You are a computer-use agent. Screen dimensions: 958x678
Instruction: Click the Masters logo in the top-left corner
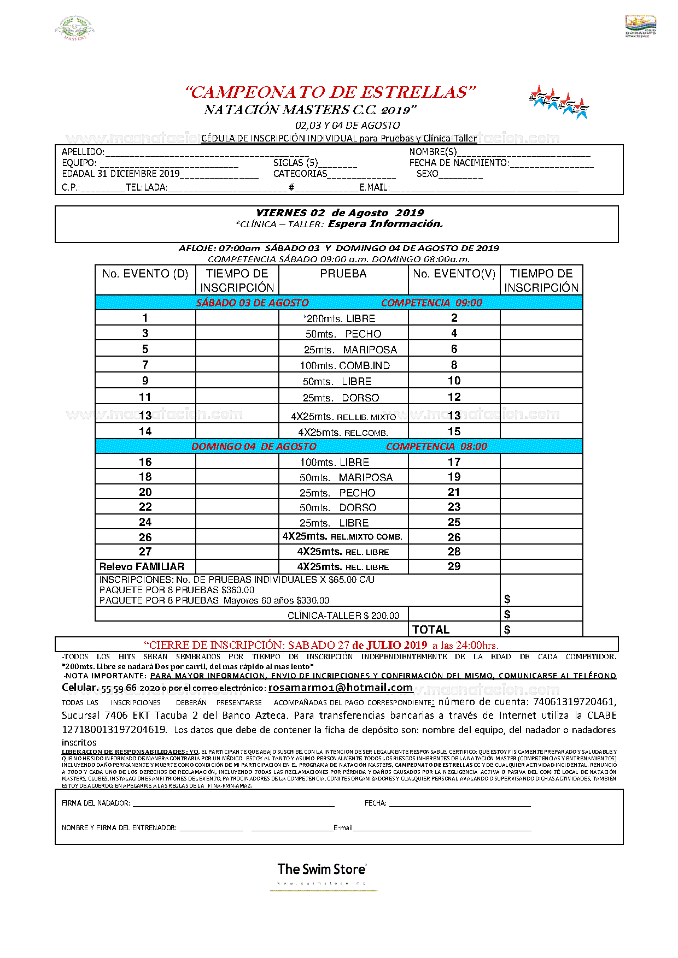coord(75,28)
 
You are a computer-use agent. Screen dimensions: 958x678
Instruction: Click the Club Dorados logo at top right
coord(640,26)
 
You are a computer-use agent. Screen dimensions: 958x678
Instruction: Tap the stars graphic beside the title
coord(558,102)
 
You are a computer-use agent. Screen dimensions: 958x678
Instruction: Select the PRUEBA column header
coord(343,274)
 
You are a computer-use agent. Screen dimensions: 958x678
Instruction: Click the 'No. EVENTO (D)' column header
coord(145,274)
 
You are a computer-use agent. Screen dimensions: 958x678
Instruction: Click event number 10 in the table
coord(454,381)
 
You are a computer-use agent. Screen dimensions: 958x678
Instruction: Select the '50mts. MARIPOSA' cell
coord(346,477)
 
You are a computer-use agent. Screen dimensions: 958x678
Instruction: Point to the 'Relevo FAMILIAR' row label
coord(142,566)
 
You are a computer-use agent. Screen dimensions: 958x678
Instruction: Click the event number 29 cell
coord(454,566)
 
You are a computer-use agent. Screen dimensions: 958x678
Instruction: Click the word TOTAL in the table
coord(431,629)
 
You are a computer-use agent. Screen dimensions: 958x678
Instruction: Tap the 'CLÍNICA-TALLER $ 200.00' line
coord(343,616)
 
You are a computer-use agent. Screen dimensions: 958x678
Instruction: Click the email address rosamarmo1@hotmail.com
coord(340,688)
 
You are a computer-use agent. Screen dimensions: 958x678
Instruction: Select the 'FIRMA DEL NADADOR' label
coord(96,803)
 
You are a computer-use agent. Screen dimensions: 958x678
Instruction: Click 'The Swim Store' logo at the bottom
coord(322,869)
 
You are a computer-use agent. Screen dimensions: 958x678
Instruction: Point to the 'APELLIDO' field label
coord(83,152)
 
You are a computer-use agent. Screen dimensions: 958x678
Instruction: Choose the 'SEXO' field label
coord(427,174)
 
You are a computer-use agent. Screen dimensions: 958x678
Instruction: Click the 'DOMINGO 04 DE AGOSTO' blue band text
coord(254,446)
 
